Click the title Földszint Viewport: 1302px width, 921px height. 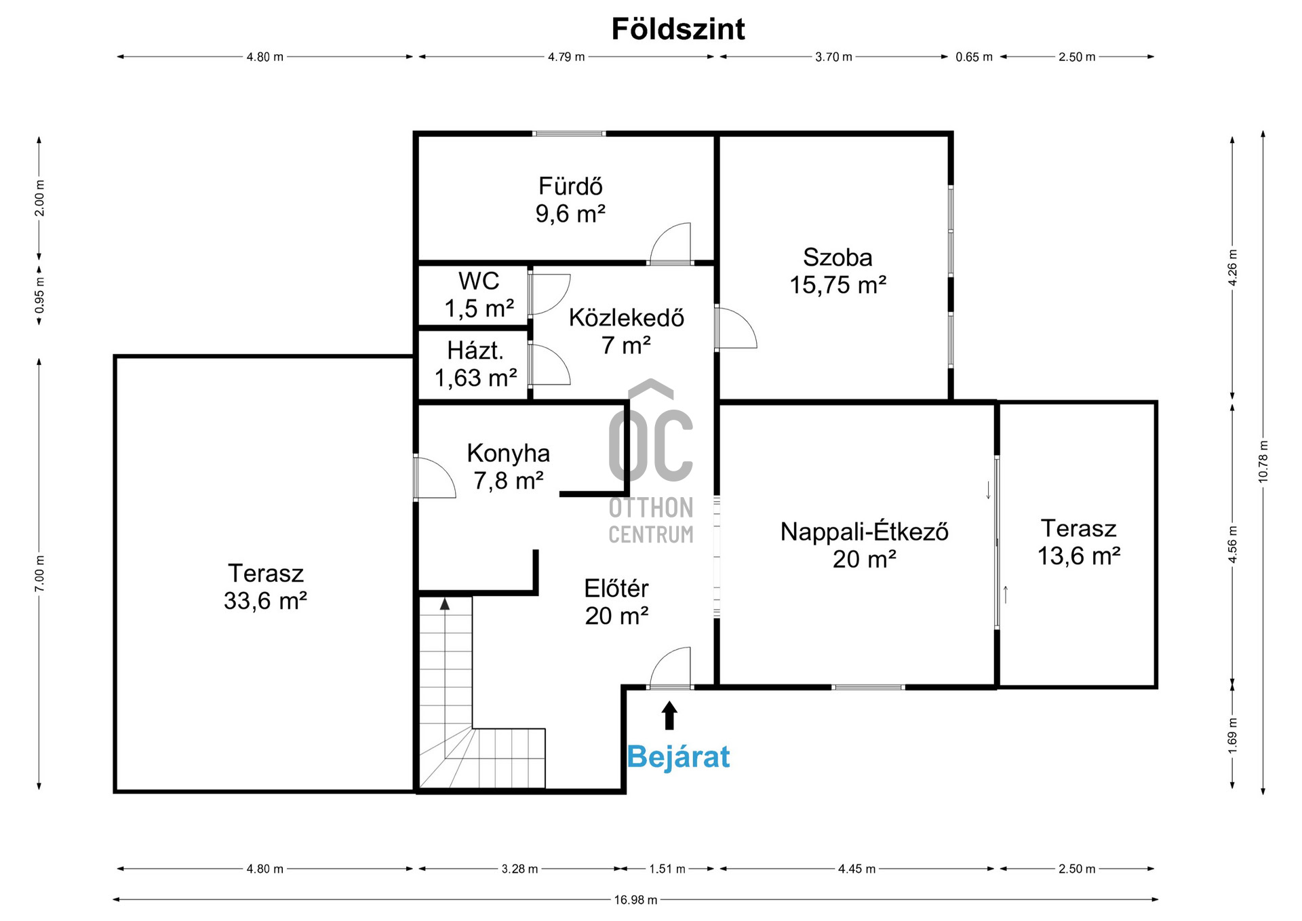click(678, 29)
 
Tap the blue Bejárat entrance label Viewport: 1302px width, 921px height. click(678, 756)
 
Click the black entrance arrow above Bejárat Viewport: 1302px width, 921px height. click(669, 715)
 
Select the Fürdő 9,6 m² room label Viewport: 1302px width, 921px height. click(570, 200)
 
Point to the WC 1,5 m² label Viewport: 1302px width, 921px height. click(479, 295)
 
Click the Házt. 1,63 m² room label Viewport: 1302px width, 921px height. click(475, 364)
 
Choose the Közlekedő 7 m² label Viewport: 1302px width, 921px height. click(627, 332)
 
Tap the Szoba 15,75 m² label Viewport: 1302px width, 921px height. click(837, 271)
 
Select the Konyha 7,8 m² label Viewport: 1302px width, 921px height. click(509, 467)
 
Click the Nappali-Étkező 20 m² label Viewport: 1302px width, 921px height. click(865, 545)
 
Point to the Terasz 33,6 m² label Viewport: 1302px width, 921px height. click(265, 587)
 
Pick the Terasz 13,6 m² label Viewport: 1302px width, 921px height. click(1079, 543)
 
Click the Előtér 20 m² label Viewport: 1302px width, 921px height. click(616, 602)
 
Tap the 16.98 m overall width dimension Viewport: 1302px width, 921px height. click(635, 900)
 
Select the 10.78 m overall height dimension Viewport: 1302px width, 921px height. click(1263, 462)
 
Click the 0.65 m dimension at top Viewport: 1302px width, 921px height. click(974, 57)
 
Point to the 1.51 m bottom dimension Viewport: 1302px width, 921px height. click(667, 869)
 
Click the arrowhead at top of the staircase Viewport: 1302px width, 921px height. click(445, 604)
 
